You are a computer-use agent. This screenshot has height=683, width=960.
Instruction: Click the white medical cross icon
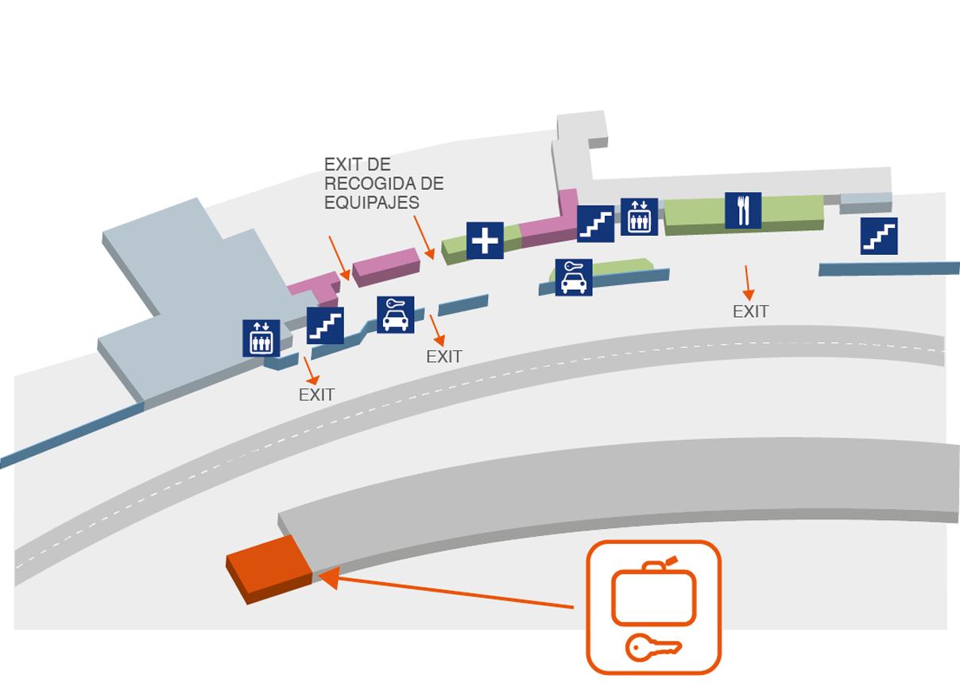(485, 240)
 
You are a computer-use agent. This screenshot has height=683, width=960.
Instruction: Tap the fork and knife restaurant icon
(743, 210)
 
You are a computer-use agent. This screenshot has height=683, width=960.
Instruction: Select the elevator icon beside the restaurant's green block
(639, 217)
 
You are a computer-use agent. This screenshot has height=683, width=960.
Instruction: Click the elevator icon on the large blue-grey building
(261, 338)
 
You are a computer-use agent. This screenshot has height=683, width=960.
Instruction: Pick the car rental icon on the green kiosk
(574, 277)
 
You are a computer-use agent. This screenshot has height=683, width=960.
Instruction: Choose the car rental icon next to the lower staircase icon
(395, 314)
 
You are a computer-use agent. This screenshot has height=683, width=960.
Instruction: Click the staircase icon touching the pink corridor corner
(595, 224)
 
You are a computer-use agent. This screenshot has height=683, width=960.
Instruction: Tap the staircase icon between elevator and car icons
(325, 326)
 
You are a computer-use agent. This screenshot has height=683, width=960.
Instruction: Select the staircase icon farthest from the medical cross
(879, 237)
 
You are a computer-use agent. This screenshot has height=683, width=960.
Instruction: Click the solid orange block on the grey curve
(269, 569)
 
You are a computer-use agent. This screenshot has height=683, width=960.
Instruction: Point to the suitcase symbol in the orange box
(653, 591)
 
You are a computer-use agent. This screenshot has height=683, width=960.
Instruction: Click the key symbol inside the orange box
(653, 647)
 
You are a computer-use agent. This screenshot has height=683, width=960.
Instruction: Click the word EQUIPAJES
(372, 203)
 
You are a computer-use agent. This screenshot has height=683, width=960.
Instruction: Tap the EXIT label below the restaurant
(750, 312)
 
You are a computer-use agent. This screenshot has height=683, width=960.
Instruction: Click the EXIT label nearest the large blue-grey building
(316, 395)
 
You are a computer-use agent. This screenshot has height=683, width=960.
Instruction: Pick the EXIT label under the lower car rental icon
(444, 357)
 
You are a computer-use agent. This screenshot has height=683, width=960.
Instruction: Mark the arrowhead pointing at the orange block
(329, 577)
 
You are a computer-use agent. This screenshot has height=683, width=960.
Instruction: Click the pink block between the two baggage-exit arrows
(386, 267)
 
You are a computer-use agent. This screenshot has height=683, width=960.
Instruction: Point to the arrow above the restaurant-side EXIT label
(747, 283)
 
